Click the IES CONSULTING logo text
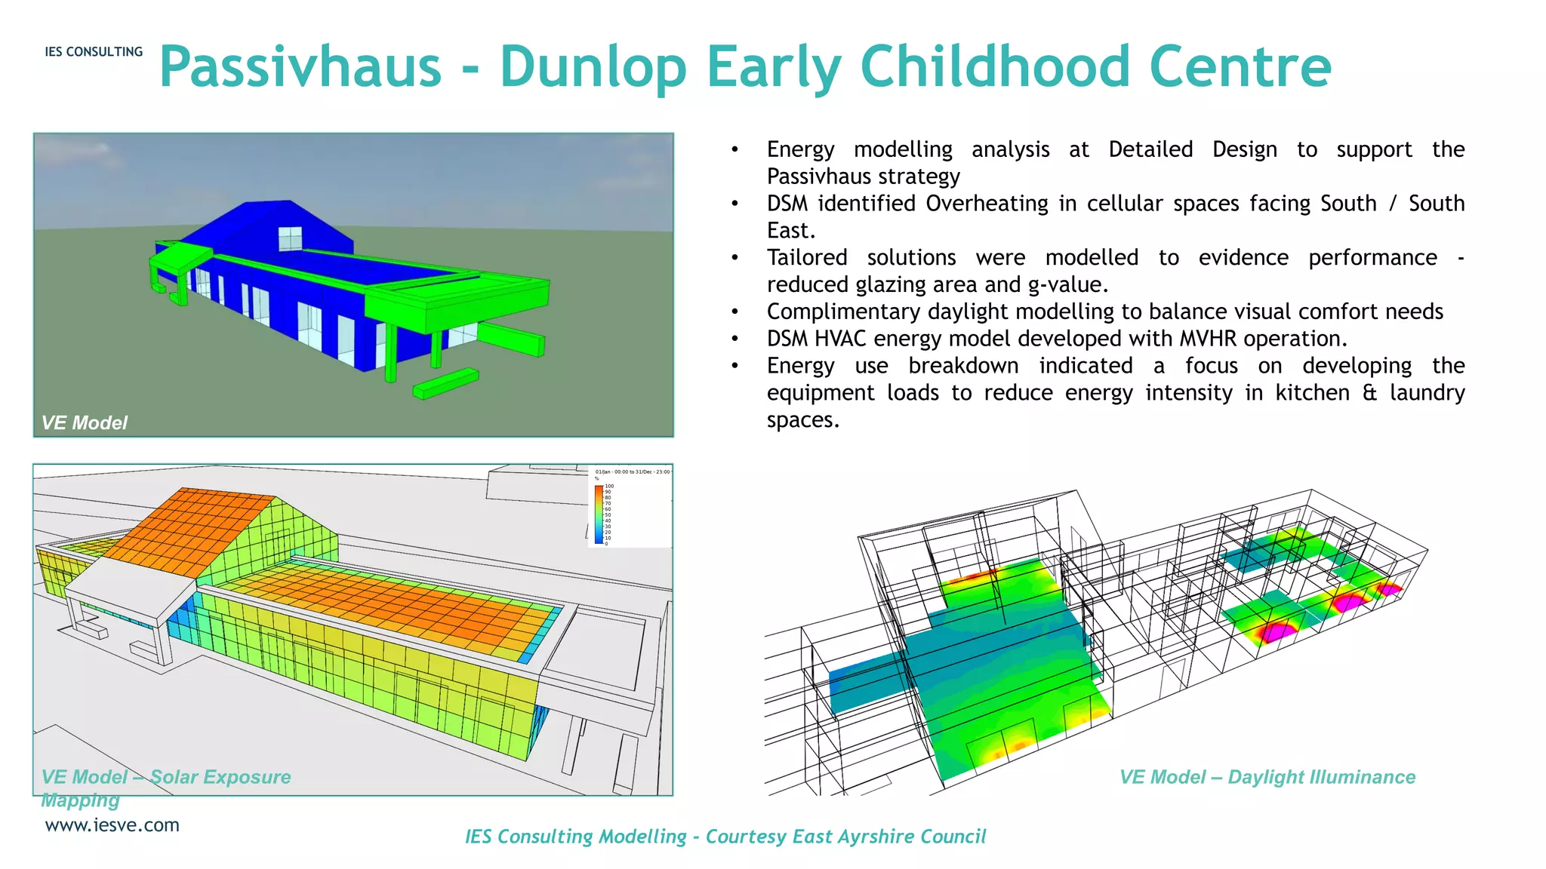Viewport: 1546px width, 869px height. click(x=94, y=52)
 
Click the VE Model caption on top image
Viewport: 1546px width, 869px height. click(x=84, y=422)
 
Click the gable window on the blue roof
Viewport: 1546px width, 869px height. click(x=290, y=238)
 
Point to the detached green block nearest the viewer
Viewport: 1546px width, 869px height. click(x=445, y=382)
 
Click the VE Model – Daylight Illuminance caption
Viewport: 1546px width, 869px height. click(x=1267, y=777)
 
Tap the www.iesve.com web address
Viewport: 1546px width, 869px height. click(x=112, y=825)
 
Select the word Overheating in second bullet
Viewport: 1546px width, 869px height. click(x=987, y=204)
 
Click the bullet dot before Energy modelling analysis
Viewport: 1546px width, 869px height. click(x=734, y=149)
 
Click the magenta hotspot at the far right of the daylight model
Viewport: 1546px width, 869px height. click(x=1390, y=589)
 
